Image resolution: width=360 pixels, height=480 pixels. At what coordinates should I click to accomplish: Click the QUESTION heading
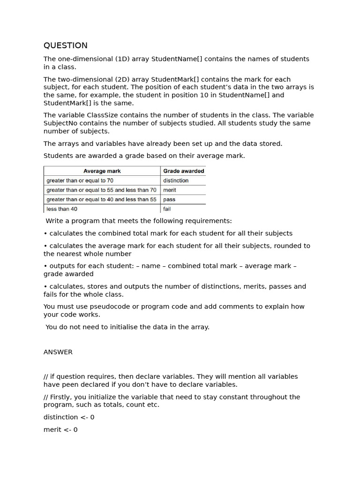pos(65,45)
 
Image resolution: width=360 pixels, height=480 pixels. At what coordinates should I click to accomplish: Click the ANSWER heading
pos(58,352)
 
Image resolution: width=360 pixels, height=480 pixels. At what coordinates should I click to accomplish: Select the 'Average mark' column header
pos(102,171)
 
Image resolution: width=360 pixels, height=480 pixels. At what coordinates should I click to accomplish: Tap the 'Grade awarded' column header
pos(183,171)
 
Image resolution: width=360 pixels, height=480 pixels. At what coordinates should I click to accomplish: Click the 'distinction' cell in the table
pos(176,180)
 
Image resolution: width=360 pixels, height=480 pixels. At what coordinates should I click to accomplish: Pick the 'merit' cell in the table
pos(170,190)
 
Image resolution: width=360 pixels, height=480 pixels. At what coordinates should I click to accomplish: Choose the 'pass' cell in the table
pos(169,199)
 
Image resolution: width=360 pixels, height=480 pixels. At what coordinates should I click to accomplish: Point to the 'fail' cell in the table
pos(167,209)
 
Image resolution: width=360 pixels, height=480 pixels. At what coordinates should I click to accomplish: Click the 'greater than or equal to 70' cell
pos(80,180)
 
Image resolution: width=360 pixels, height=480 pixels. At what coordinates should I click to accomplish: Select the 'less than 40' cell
pos(62,209)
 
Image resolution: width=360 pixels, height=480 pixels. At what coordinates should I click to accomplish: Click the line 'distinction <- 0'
pos(69,417)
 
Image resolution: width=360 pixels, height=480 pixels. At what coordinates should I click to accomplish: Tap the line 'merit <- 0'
pos(60,429)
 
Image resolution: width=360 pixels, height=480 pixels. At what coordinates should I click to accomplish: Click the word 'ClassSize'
pos(103,115)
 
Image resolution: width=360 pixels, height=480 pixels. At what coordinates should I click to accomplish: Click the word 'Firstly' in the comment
pos(60,397)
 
